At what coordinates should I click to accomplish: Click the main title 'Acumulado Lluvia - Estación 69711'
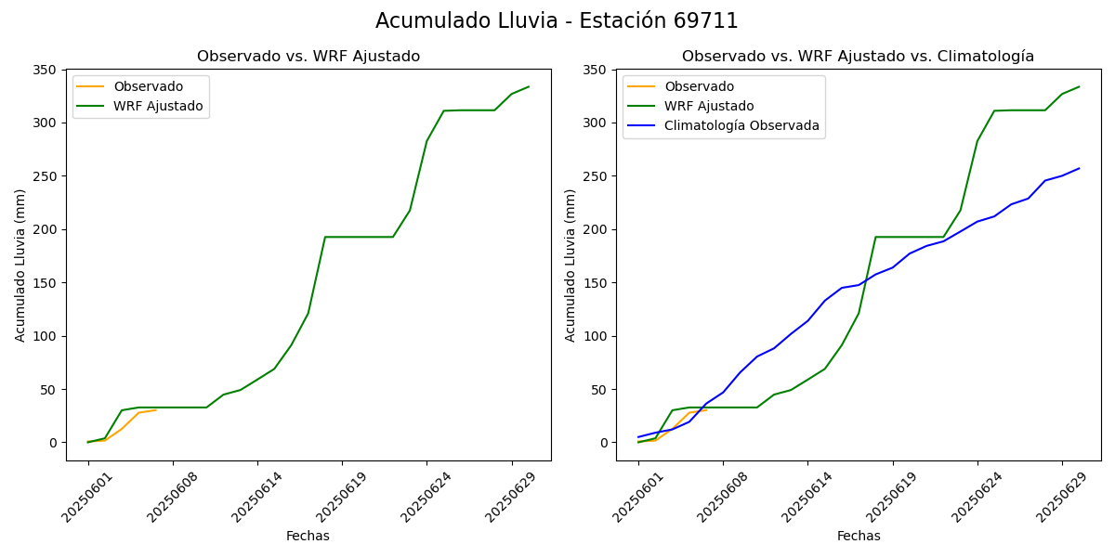point(557,21)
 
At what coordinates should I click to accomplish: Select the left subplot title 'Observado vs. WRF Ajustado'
point(308,57)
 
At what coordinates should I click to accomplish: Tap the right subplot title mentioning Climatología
point(858,57)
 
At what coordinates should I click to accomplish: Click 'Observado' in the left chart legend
point(148,86)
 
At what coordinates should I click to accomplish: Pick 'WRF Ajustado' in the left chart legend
point(158,106)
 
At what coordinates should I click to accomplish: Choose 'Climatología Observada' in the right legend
point(741,126)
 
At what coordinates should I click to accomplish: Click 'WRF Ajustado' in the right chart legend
point(709,106)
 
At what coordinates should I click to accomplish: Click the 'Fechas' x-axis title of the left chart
point(308,536)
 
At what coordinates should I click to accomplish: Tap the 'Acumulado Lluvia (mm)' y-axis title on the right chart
point(571,265)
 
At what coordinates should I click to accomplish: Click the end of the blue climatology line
point(1079,168)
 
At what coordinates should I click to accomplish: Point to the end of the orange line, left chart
point(156,409)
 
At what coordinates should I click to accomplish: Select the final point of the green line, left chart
point(529,87)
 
